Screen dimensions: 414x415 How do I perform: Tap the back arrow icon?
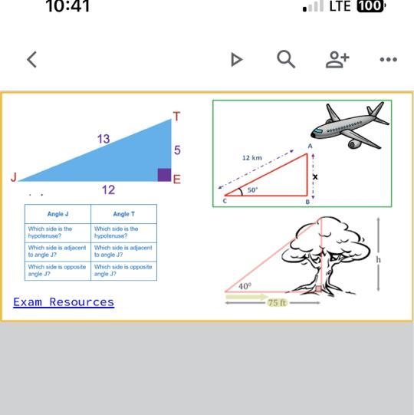[x=31, y=60]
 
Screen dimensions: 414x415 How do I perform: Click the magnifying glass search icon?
[x=286, y=59]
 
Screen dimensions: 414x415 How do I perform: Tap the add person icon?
[x=337, y=60]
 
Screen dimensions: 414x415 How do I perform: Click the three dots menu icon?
[x=389, y=60]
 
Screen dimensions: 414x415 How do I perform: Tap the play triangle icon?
[x=236, y=60]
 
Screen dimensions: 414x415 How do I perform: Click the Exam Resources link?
[x=64, y=302]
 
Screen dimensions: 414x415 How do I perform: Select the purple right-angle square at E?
[x=164, y=175]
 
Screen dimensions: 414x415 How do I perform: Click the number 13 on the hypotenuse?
[x=103, y=139]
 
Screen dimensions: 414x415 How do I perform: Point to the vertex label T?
[x=176, y=117]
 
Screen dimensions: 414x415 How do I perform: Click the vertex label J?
[x=14, y=177]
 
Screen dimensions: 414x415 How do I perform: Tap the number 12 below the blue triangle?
[x=108, y=189]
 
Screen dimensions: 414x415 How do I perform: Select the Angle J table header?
[x=58, y=214]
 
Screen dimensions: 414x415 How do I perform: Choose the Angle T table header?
[x=123, y=214]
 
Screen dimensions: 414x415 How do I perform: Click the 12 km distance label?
[x=252, y=158]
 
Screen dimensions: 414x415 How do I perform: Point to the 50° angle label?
[x=252, y=189]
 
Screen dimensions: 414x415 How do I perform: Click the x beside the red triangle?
[x=315, y=176]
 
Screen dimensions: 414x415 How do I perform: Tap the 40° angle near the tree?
[x=245, y=286]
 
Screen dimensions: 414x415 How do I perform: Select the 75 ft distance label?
[x=277, y=302]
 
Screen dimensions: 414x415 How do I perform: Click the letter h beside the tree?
[x=379, y=259]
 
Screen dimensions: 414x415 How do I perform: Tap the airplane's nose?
[x=313, y=135]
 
